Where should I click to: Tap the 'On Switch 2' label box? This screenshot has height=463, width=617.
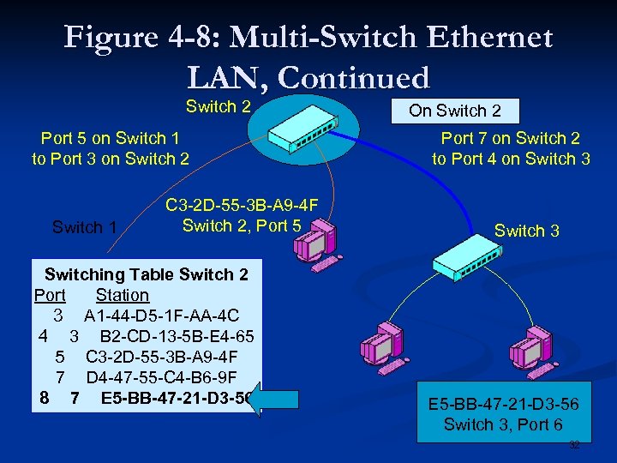[454, 111]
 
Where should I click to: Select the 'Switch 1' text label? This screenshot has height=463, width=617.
[84, 227]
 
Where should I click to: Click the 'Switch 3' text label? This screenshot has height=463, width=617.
[526, 231]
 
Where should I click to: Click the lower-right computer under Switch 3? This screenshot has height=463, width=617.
[532, 346]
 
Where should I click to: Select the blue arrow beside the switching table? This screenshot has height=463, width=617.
[278, 399]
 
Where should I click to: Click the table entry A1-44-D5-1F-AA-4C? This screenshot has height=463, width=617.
[161, 316]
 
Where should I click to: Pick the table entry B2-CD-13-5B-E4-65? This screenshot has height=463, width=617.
[177, 336]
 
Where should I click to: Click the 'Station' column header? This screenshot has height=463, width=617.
[123, 295]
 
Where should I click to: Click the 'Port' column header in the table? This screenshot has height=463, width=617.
[50, 295]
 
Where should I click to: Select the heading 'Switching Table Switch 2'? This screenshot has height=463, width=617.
[146, 274]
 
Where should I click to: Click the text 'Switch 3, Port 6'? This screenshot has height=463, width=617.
[502, 424]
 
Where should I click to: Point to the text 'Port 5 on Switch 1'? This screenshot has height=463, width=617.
[110, 138]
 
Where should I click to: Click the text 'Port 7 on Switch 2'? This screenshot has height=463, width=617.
[510, 138]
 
